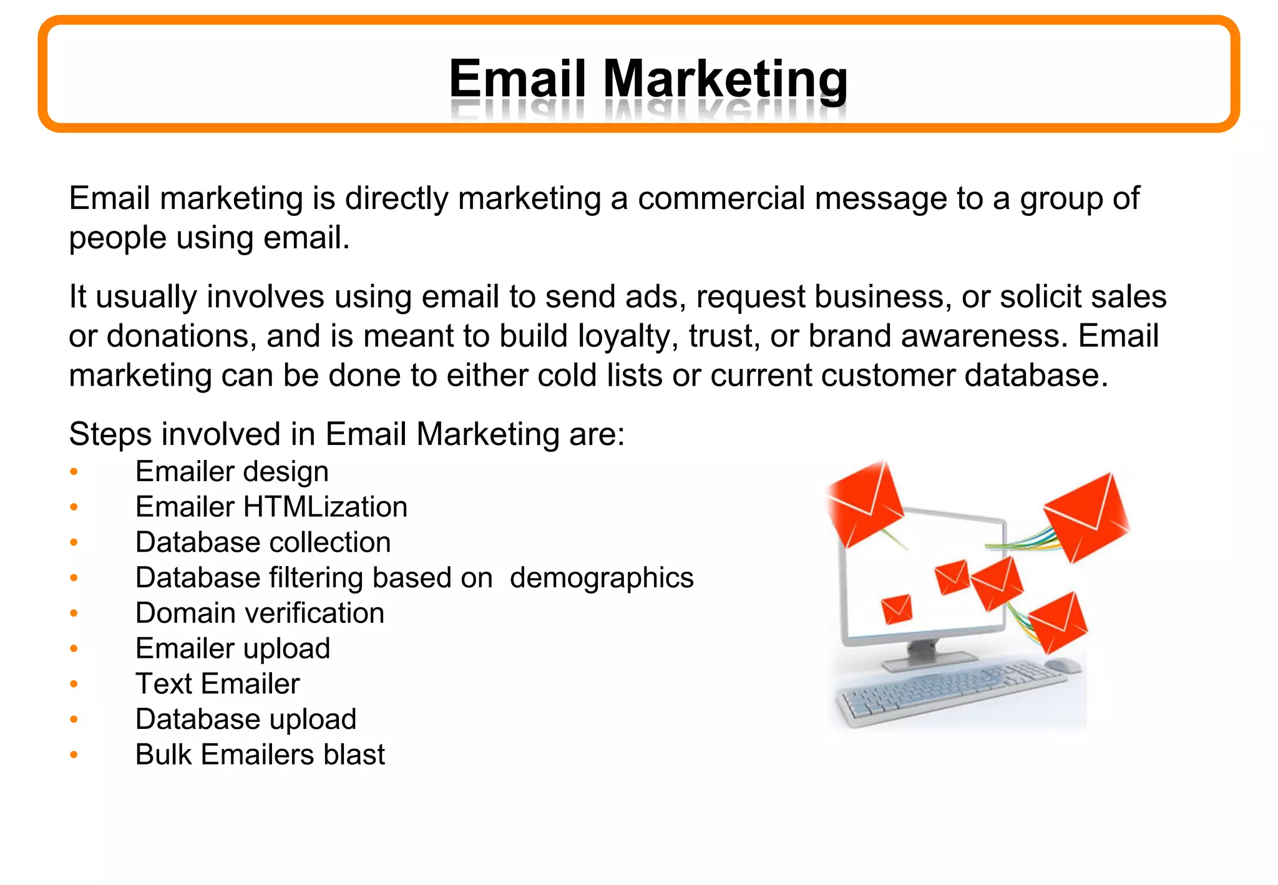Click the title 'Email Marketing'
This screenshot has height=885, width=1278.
click(x=648, y=79)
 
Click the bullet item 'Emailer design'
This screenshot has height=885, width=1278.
click(x=232, y=472)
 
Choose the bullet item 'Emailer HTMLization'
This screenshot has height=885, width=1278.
click(x=271, y=507)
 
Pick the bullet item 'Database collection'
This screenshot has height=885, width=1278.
click(x=263, y=542)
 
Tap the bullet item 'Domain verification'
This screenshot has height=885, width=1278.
click(x=260, y=613)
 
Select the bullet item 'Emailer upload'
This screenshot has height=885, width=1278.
click(x=232, y=649)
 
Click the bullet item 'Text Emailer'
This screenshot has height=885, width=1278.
click(x=217, y=684)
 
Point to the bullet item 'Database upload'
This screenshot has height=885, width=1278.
click(x=245, y=720)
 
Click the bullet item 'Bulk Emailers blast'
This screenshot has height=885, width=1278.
click(x=260, y=755)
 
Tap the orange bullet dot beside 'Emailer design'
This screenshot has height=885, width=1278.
click(x=74, y=471)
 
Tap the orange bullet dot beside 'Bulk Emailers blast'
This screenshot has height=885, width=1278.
click(x=74, y=755)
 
